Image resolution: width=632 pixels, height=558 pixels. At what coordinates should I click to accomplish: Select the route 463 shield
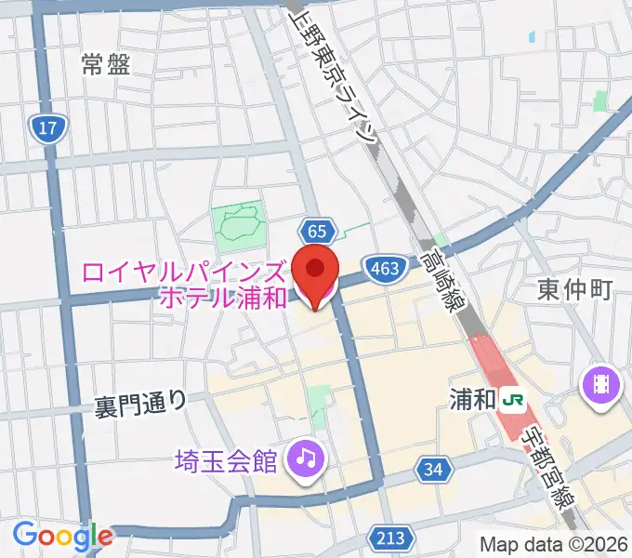coord(387,268)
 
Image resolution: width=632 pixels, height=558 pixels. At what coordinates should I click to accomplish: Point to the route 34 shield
coord(431,471)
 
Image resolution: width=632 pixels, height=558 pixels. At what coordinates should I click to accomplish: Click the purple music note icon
coord(303,457)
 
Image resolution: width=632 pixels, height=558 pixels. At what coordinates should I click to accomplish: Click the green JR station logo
coord(512,401)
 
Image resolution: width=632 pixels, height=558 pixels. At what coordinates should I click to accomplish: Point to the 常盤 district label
coord(105,64)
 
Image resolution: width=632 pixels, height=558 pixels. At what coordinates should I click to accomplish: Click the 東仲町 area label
coord(574,290)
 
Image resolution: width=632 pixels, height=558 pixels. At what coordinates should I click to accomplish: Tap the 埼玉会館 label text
coord(227,458)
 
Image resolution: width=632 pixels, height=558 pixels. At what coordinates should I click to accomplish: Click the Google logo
coord(62,536)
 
